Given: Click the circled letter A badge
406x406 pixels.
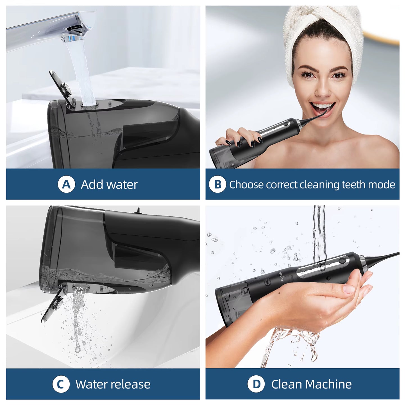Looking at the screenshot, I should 66,185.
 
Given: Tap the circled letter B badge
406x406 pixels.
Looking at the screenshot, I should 217,185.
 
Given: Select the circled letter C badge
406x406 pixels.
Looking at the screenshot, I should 61,384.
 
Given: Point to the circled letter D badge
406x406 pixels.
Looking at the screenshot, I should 256,384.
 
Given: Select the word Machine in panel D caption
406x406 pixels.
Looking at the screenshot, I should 328,384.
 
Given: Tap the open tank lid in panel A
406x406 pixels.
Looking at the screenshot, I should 60,84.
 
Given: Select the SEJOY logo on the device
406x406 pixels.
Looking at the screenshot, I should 281,276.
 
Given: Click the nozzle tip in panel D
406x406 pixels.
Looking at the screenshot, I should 397,254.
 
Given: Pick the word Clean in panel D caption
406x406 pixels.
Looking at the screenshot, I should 287,384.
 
